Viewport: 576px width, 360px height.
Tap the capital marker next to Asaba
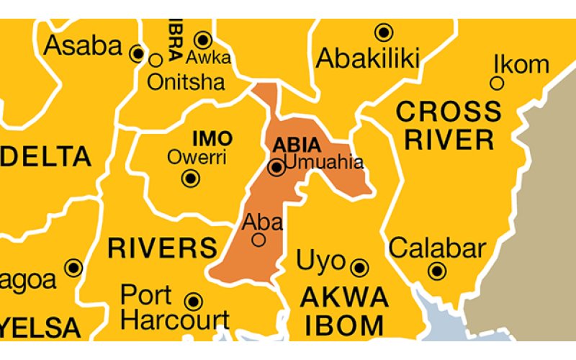137,53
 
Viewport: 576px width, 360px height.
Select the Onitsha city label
186,82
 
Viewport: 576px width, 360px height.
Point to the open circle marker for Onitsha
156,60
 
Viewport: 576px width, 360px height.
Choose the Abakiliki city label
367,58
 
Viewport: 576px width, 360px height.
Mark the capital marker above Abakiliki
384,32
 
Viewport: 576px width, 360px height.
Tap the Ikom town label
521,64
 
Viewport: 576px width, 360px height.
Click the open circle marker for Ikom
497,84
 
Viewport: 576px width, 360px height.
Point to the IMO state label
212,138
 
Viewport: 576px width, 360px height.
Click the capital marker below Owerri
191,179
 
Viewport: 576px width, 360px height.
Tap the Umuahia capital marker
276,168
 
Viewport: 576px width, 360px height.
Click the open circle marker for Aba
258,240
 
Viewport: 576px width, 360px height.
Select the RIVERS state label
163,248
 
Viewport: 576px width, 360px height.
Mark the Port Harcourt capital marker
193,301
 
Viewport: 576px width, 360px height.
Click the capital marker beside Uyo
360,268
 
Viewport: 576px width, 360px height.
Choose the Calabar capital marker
436,271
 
